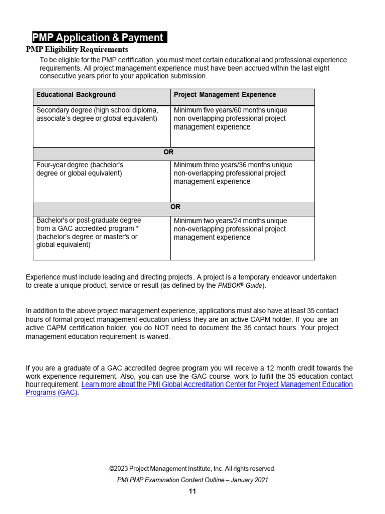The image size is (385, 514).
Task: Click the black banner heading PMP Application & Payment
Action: tap(99, 38)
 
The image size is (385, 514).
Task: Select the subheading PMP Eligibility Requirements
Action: tap(77, 50)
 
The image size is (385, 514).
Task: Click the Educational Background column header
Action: tap(76, 95)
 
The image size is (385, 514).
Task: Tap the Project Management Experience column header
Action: tap(225, 95)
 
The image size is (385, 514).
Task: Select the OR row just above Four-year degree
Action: tap(173, 152)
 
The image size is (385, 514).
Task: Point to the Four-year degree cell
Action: tap(79, 169)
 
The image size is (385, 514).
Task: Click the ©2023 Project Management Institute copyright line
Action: tap(192, 469)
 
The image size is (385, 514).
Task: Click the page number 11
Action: tap(192, 492)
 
